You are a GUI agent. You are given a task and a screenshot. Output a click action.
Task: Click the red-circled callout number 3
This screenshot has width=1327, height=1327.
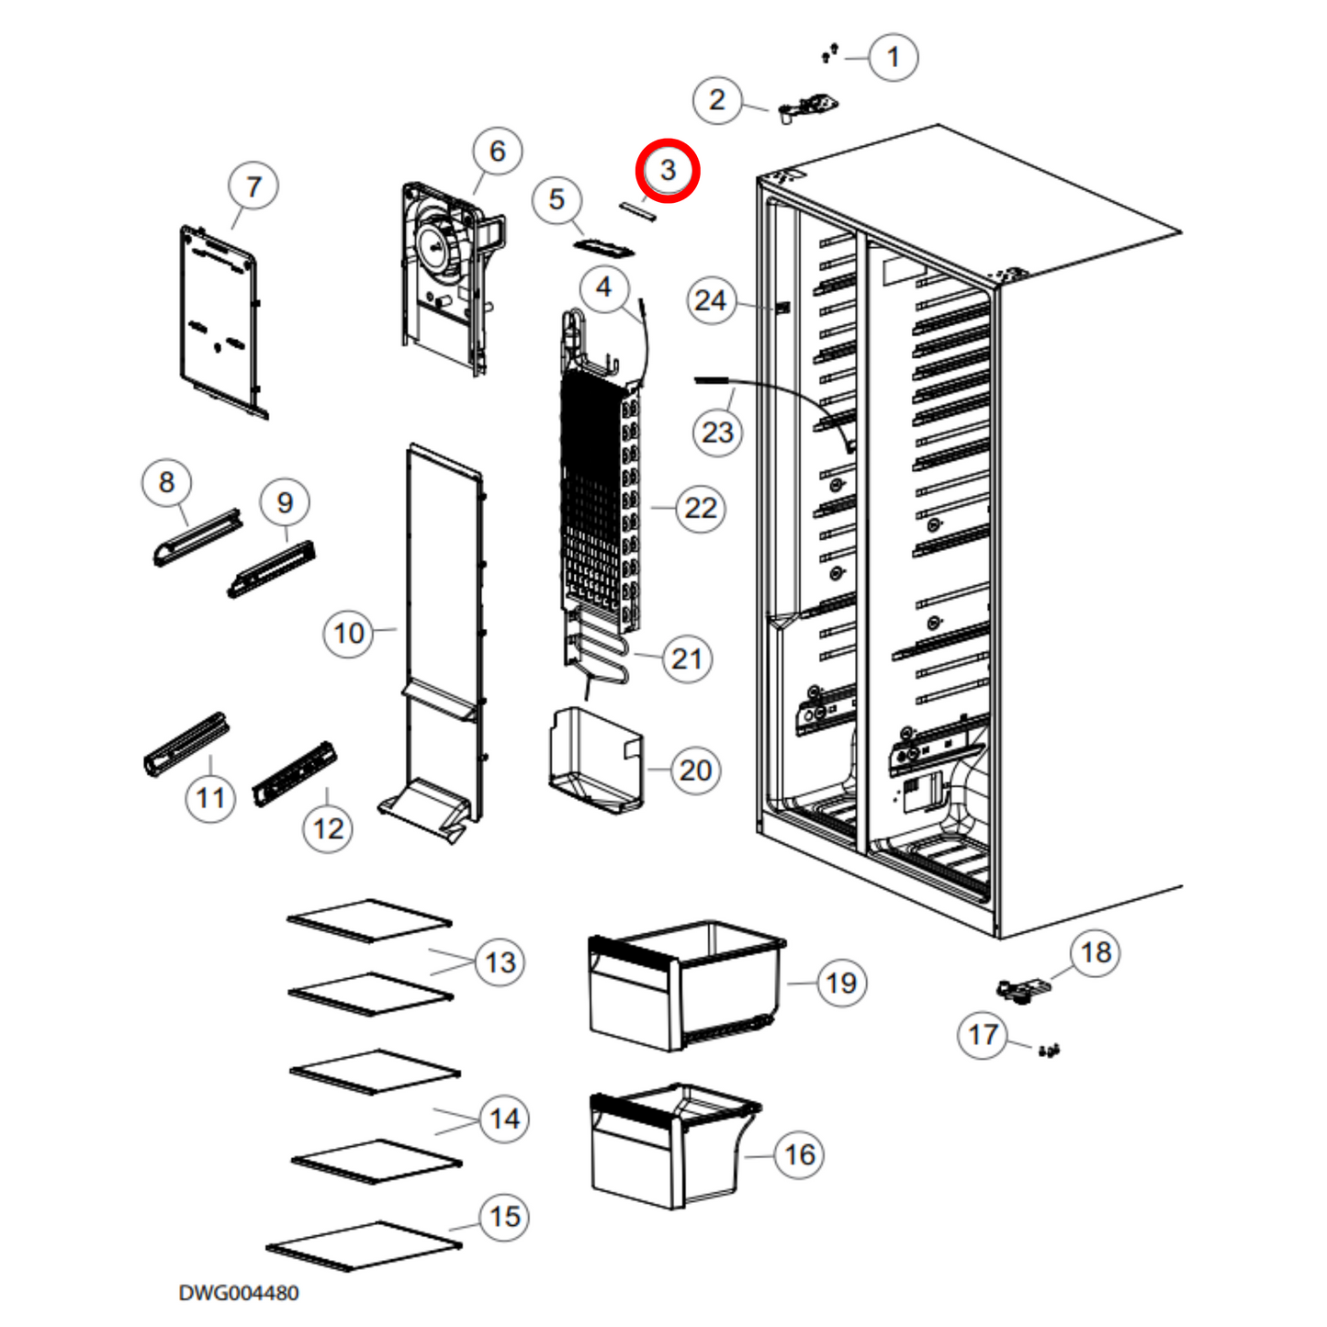(x=668, y=170)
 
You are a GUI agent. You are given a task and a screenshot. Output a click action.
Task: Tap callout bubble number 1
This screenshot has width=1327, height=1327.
(x=893, y=58)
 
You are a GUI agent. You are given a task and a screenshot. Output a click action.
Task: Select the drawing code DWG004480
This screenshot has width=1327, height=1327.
(x=239, y=1293)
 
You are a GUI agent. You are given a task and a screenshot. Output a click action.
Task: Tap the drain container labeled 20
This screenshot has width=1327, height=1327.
(x=594, y=760)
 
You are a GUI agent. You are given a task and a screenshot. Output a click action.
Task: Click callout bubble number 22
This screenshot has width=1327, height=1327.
(x=701, y=508)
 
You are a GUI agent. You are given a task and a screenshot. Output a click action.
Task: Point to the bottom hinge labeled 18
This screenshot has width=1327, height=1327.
(x=1022, y=988)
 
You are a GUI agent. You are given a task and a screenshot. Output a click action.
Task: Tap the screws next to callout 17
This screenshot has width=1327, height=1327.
(x=1049, y=1050)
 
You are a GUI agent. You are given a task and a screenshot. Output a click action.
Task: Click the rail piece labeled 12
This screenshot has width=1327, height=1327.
(x=294, y=773)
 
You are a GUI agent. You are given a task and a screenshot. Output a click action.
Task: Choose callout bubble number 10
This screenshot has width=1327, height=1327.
(x=348, y=633)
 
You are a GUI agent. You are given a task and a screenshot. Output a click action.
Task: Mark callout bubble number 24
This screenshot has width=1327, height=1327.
(x=711, y=300)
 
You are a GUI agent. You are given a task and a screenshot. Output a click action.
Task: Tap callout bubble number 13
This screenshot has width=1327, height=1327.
(x=500, y=962)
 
